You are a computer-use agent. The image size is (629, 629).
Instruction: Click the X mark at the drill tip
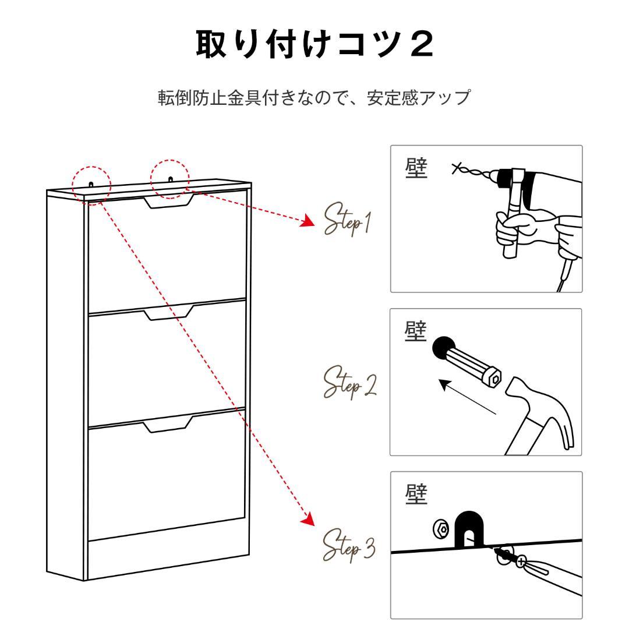click(456, 169)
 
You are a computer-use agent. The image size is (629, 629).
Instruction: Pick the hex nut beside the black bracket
click(441, 529)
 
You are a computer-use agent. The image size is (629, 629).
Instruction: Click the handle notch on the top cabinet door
click(168, 201)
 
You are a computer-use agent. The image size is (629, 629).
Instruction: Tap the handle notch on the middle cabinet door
click(168, 313)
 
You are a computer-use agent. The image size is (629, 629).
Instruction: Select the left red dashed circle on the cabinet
click(91, 182)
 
